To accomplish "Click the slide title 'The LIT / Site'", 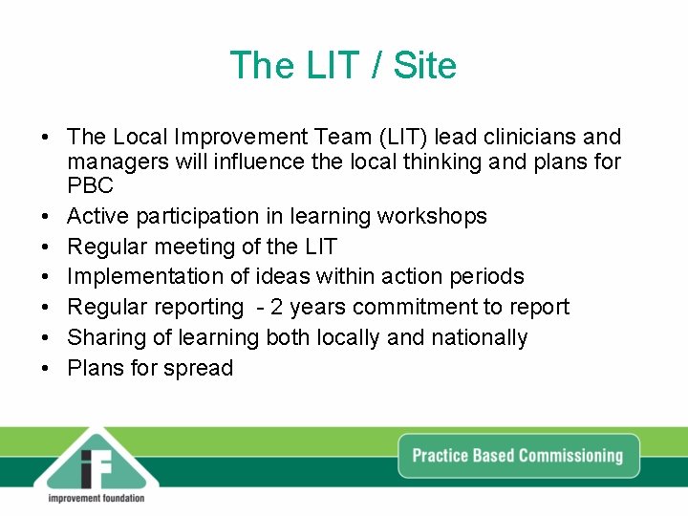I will [x=343, y=66].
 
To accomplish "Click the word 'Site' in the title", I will [x=425, y=66].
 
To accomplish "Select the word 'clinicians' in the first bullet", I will [x=524, y=138].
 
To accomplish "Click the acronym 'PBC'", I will [x=90, y=185].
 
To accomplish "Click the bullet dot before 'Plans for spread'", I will [x=46, y=369].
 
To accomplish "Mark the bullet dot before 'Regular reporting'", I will [x=46, y=308].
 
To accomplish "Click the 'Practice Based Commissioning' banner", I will [x=517, y=455].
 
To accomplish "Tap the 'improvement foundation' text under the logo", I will [x=96, y=498].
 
